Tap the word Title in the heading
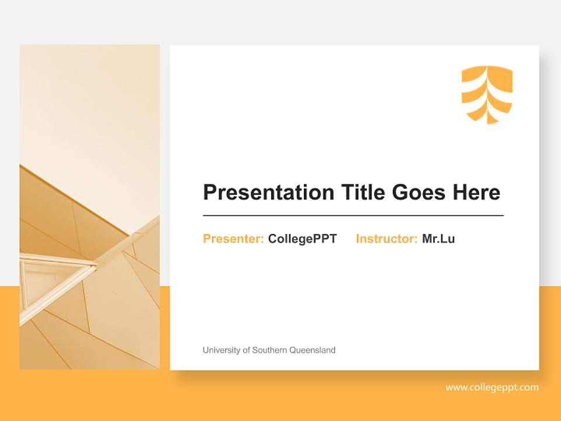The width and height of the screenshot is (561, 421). (363, 192)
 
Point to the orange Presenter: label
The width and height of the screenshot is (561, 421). (233, 239)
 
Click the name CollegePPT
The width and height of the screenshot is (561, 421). (302, 239)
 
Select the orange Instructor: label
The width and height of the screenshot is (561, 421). (386, 239)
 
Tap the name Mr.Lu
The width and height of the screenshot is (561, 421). (438, 239)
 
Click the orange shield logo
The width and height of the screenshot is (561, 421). (487, 94)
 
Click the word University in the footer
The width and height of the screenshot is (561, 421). (221, 350)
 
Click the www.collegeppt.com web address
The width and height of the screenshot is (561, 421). (492, 387)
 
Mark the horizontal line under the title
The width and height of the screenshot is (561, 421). (353, 216)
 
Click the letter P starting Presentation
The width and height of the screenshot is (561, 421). (209, 192)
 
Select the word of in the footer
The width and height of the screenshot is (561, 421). (245, 350)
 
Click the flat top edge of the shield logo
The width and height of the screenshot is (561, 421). (487, 67)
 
